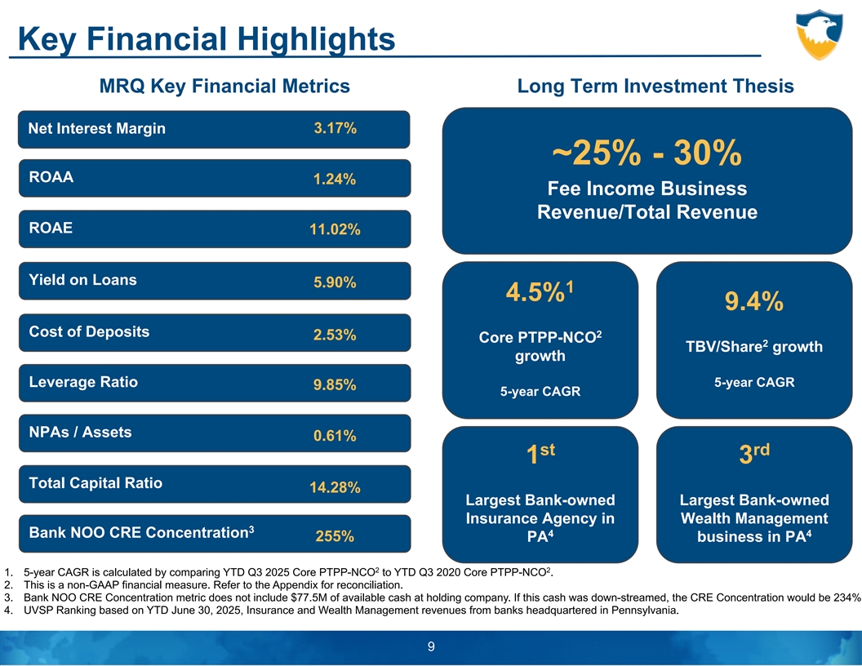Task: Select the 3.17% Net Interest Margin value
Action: tap(335, 129)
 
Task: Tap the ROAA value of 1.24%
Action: tap(335, 180)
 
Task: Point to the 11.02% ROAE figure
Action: tap(335, 231)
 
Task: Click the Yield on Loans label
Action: tap(82, 280)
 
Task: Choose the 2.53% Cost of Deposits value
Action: tap(335, 335)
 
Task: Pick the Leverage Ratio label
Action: tap(83, 382)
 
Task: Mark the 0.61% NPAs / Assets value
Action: tap(335, 437)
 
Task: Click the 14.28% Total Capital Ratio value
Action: tap(335, 488)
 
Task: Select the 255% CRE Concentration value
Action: tap(335, 537)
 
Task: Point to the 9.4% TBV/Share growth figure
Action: tap(753, 304)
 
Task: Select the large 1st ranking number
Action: tap(540, 454)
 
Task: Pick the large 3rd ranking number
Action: tap(753, 454)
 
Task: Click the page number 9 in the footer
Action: tap(431, 647)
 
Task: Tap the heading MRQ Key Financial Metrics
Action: tap(224, 87)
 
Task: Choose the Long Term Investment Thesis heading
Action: tap(655, 87)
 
